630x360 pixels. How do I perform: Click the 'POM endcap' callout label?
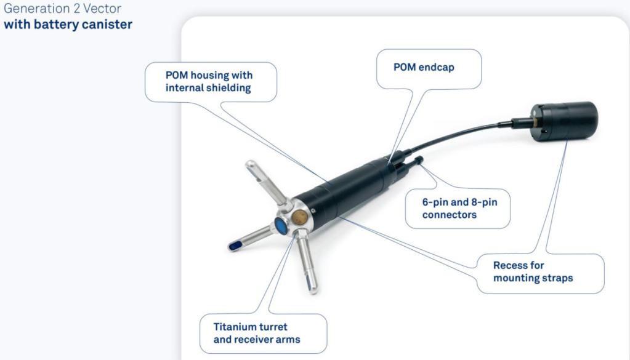pyautogui.click(x=424, y=67)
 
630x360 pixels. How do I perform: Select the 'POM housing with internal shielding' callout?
pyautogui.click(x=209, y=81)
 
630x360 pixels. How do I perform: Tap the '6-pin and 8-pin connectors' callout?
pyautogui.click(x=459, y=208)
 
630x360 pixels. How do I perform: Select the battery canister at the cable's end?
pyautogui.click(x=564, y=121)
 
